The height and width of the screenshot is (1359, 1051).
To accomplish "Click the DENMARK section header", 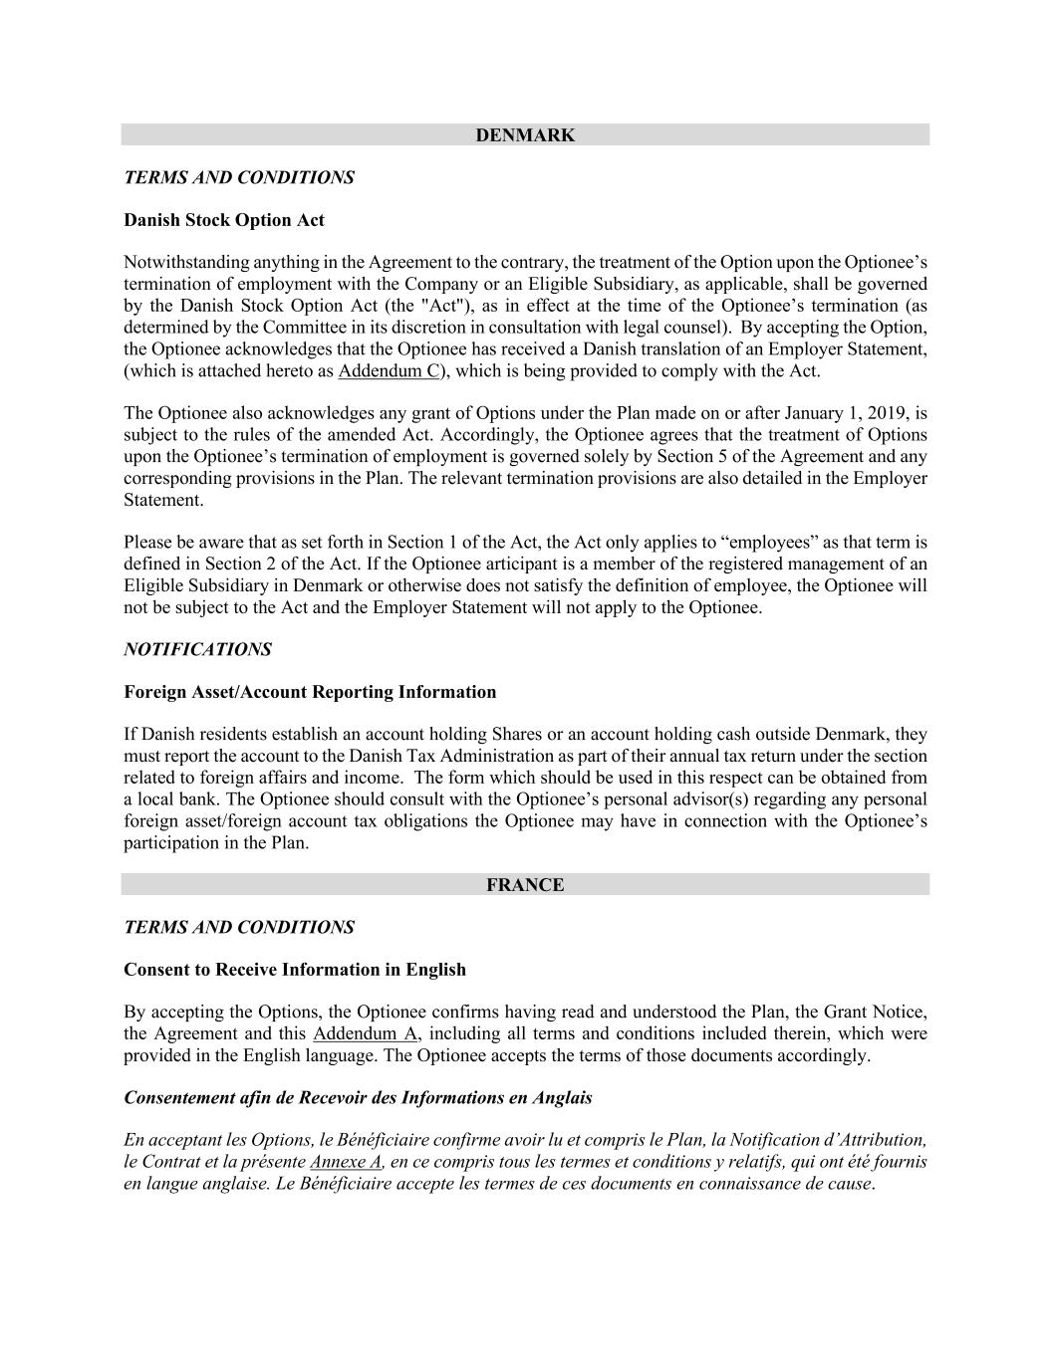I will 525,135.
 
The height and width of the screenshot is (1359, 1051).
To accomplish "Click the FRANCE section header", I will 525,885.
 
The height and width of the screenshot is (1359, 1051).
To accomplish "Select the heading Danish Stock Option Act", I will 224,220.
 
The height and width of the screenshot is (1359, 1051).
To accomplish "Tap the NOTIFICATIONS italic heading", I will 197,650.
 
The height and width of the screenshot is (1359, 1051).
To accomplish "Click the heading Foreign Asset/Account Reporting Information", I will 310,692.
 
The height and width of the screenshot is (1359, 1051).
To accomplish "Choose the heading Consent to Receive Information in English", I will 295,970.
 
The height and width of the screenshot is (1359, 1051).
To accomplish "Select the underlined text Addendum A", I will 365,1033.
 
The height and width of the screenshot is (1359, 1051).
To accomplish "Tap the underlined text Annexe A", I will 346,1162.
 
